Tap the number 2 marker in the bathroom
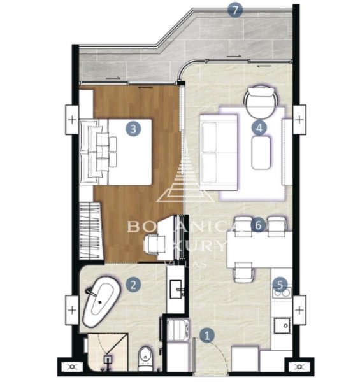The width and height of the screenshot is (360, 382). tap(133, 285)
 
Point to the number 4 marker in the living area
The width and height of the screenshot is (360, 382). tap(259, 127)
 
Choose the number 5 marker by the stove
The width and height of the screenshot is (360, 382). tap(278, 285)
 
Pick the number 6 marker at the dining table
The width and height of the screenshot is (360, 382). tap(257, 225)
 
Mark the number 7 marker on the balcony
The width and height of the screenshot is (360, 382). tap(236, 10)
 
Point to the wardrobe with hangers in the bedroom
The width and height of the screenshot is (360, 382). tap(90, 230)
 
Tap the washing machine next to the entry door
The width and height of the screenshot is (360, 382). tap(176, 331)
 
